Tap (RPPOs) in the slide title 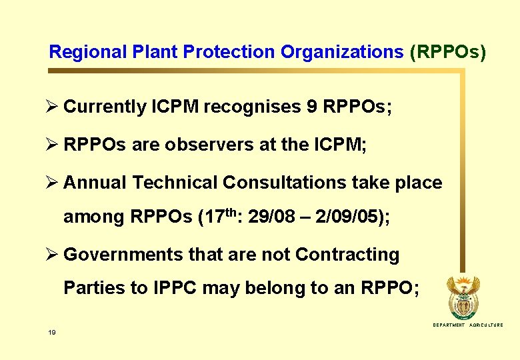448,52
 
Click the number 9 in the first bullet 312,107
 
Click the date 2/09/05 346,217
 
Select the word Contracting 347,255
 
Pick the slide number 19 51,331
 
